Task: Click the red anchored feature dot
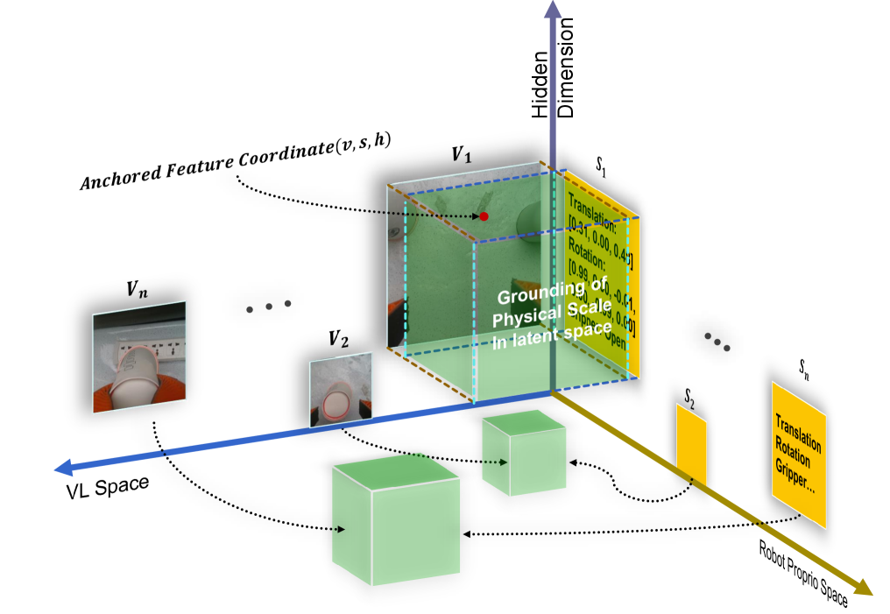click(483, 215)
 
